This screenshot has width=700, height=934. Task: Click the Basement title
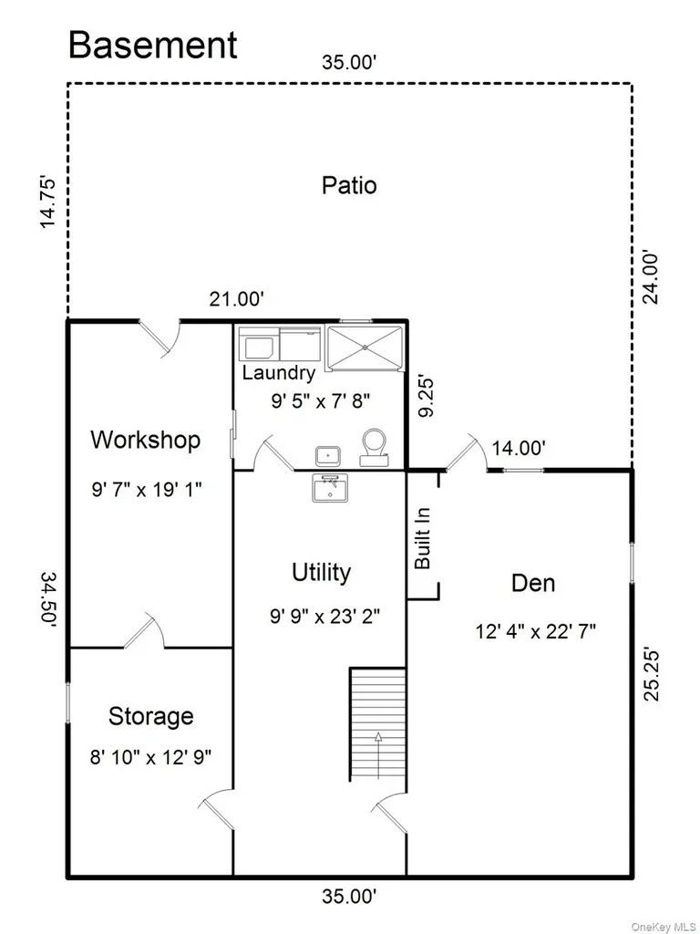[153, 45]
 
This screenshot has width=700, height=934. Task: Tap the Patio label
[349, 185]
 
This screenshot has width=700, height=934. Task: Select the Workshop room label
[146, 440]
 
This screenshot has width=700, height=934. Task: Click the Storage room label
[150, 716]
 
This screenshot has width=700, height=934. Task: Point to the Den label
[533, 583]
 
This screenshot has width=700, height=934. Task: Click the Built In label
[423, 538]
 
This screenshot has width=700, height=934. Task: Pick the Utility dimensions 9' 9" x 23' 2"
[325, 616]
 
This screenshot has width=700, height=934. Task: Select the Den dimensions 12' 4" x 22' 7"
[536, 631]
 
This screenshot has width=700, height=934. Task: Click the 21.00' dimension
[236, 299]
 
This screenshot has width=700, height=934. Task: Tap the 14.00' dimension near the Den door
[519, 448]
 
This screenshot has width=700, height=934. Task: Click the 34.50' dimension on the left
[49, 597]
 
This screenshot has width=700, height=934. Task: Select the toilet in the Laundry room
[375, 448]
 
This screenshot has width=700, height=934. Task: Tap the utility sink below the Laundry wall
[330, 488]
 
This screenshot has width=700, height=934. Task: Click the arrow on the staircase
[378, 754]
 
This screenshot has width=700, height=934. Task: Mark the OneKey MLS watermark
[664, 927]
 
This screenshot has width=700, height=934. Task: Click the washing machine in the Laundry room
[257, 343]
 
